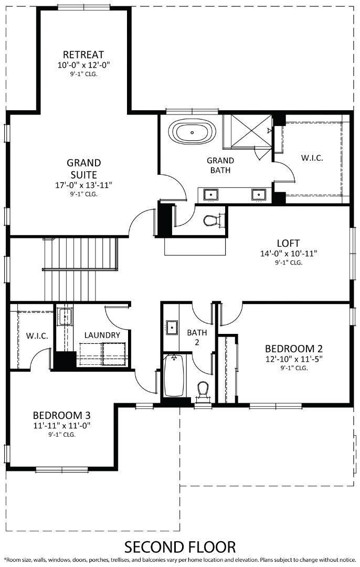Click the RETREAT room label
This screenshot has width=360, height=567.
click(83, 55)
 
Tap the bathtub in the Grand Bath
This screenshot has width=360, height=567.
click(193, 133)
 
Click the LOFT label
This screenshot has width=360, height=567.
click(288, 243)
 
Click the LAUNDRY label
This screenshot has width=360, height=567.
click(102, 335)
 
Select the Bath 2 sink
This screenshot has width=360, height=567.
click(171, 327)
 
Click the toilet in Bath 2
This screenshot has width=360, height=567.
click(203, 390)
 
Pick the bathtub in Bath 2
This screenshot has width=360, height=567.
click(174, 376)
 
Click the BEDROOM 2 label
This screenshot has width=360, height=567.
click(293, 349)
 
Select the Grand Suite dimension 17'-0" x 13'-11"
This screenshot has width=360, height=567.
click(84, 185)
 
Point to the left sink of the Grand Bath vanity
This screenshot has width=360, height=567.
click(211, 194)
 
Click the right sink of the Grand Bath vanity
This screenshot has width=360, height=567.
click(258, 194)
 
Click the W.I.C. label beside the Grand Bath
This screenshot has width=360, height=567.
click(312, 157)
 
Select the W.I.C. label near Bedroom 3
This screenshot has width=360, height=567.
click(37, 335)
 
